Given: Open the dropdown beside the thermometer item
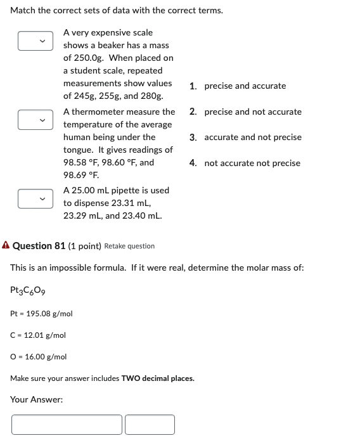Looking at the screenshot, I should coord(34,119).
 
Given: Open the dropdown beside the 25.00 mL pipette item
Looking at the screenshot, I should coord(34,198).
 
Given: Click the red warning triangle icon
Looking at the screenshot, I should coord(6,245).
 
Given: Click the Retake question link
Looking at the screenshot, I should coord(129,246).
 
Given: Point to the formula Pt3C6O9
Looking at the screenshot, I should coord(27,290).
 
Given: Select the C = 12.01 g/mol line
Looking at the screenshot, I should coord(38,335).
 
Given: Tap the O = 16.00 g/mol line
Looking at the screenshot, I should coord(39,356).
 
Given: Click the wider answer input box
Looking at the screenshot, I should coord(67,424).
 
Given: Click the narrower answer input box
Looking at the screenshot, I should coord(150,424).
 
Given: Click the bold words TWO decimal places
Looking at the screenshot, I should coord(158,378).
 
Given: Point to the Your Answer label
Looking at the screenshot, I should coord(37,399).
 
